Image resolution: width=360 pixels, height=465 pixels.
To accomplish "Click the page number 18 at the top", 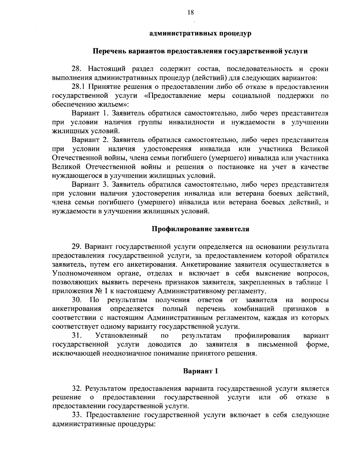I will (190, 12).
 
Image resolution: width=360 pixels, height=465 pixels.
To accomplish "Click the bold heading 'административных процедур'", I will (200, 33).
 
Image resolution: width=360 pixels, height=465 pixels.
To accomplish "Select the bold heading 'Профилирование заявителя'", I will (200, 229).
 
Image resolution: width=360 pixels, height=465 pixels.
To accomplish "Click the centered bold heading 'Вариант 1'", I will (200, 371).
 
